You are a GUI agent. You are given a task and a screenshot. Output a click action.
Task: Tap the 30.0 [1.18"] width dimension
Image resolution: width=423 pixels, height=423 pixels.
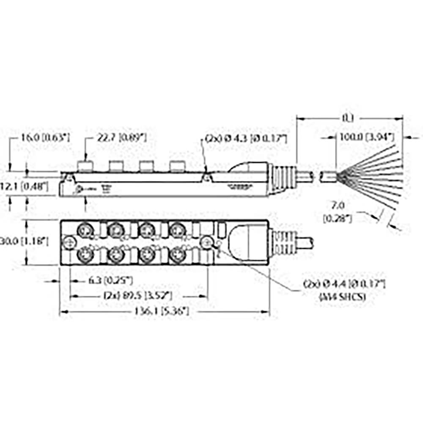click(x=25, y=242)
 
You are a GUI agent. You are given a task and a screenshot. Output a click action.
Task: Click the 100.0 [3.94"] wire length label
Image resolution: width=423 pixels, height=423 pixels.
click(x=366, y=137)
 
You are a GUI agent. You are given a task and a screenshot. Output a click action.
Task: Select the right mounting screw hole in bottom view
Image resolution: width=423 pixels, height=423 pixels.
click(x=207, y=242)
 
